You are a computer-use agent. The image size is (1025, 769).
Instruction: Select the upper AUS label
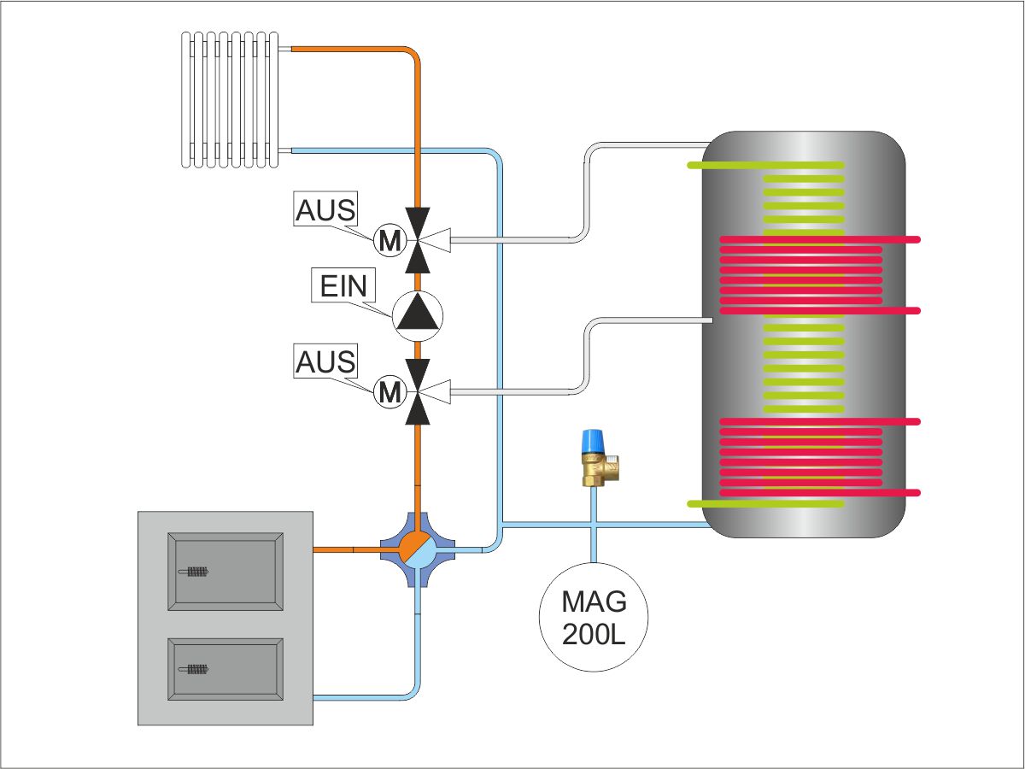325,210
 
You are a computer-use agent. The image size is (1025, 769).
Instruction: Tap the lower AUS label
325,361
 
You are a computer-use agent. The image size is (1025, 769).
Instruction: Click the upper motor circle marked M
389,243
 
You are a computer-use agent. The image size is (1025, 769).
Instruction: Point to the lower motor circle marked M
389,392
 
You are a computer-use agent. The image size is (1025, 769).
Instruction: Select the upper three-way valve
418,243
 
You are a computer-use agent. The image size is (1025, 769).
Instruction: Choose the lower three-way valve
418,392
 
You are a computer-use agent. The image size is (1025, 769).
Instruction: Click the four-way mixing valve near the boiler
418,549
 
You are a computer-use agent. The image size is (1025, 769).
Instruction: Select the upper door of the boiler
226,572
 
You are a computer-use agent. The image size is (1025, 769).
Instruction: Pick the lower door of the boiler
226,668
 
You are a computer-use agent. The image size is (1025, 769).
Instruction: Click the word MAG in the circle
594,602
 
